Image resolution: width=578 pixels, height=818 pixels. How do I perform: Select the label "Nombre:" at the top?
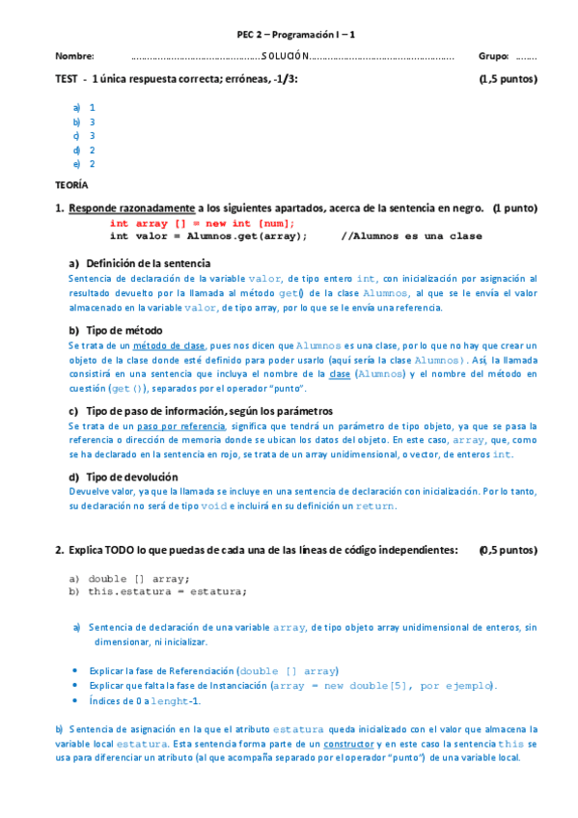coord(74,57)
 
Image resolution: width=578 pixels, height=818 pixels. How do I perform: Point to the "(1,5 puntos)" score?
coord(508,80)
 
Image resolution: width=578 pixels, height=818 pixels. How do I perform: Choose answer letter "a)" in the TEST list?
coord(76,108)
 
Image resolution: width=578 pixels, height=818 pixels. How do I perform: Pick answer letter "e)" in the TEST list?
coord(76,164)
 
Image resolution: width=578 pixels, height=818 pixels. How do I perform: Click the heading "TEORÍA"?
coord(71,184)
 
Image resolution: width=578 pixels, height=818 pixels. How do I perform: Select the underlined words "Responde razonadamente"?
coord(131,208)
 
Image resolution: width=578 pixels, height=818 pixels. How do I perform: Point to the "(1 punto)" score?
coord(514,208)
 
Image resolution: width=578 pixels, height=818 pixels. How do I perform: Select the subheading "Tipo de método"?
coord(121,330)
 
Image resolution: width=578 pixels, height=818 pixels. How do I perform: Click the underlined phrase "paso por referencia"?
coord(177,425)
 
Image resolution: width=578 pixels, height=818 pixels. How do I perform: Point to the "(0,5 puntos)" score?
coord(508,550)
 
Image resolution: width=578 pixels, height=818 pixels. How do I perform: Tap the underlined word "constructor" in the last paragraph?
coord(348,745)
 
